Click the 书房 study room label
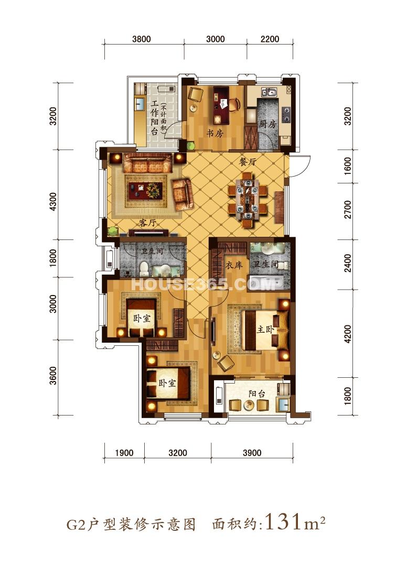[215, 133]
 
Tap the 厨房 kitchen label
[267, 124]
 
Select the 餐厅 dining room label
[248, 162]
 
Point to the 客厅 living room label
[147, 223]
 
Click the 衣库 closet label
[234, 265]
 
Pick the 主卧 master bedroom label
[266, 330]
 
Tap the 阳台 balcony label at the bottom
[257, 394]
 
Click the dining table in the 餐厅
[248, 200]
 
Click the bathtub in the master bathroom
[265, 282]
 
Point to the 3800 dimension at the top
[142, 39]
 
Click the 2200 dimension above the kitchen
[270, 39]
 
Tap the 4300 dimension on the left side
[53, 202]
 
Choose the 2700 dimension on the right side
[348, 210]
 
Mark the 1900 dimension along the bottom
[124, 453]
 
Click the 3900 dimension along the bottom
[252, 453]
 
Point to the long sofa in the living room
[147, 163]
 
